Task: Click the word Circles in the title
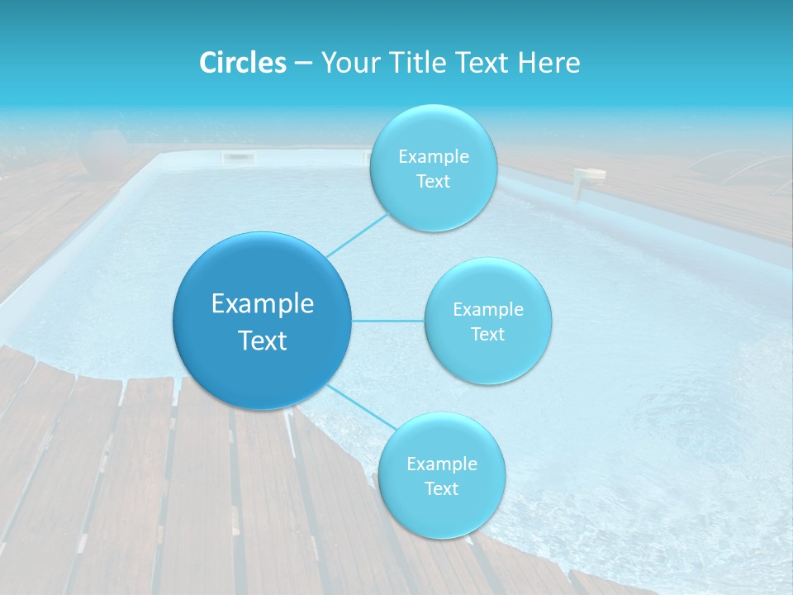point(242,63)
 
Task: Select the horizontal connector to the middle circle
point(387,321)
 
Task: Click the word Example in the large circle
point(263,304)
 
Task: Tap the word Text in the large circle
point(263,340)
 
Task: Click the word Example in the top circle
point(434,157)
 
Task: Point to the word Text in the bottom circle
point(441,488)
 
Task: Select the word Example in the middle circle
point(488,310)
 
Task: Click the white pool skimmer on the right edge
point(590,175)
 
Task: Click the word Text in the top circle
point(433,182)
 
